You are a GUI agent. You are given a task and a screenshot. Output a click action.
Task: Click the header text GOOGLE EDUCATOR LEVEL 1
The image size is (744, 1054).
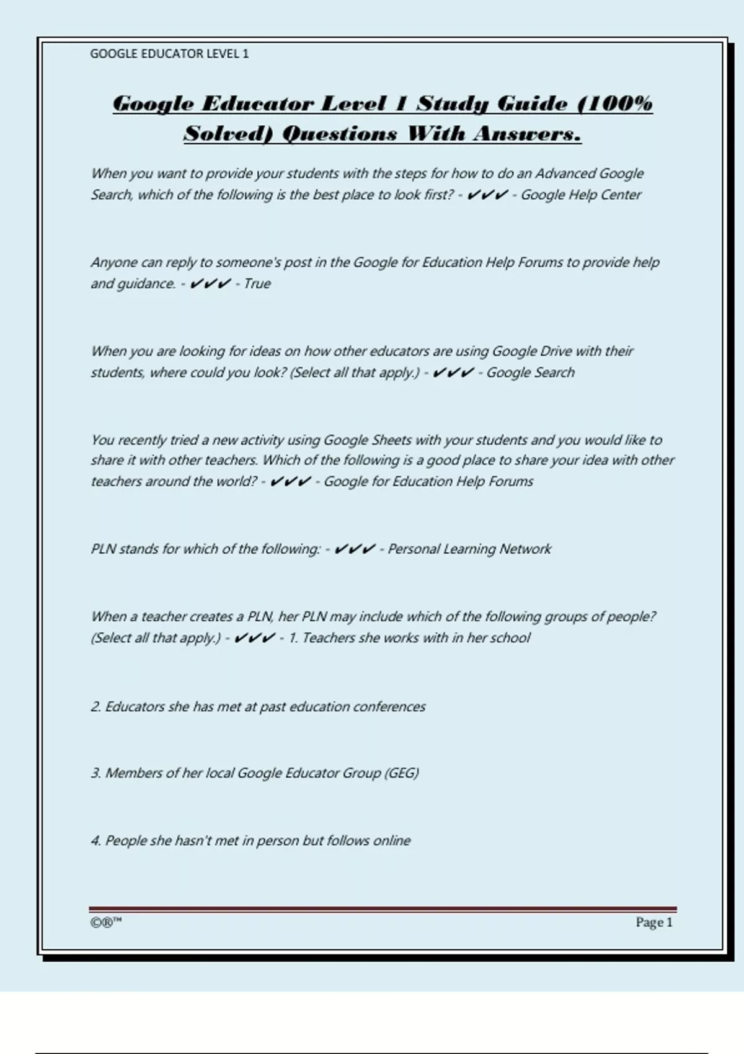tap(169, 54)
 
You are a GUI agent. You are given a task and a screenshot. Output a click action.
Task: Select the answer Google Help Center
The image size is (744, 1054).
tap(581, 195)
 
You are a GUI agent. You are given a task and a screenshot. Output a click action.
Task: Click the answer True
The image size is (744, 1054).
tap(257, 283)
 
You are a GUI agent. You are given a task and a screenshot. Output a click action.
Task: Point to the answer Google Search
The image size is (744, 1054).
tap(530, 372)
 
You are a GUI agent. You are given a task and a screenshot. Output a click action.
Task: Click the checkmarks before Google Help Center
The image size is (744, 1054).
tap(487, 195)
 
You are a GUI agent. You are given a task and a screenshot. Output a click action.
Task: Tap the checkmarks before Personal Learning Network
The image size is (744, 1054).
tap(355, 549)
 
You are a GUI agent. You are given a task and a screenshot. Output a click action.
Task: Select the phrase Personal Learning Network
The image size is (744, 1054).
tap(469, 549)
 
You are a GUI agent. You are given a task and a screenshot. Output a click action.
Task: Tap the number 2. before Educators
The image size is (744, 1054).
tap(96, 707)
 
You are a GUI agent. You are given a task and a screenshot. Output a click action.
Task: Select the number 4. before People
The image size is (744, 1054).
tap(96, 841)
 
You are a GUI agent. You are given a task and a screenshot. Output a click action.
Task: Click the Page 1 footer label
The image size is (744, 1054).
tap(653, 923)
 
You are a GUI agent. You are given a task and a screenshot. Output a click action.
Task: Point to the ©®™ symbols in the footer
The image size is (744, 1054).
tap(105, 923)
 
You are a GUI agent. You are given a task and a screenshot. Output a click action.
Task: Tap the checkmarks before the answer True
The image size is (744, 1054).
tap(210, 283)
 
